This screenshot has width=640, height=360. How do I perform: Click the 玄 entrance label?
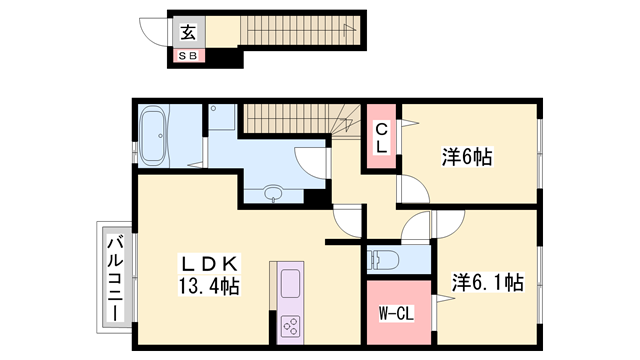[x=188, y=32]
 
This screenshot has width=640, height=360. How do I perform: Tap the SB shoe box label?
[x=188, y=56]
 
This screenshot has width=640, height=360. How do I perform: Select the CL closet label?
[x=381, y=138]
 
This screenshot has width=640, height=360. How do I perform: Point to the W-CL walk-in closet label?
[x=396, y=314]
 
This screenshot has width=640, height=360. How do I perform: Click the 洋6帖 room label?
[x=467, y=157]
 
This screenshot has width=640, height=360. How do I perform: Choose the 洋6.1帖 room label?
[x=488, y=282]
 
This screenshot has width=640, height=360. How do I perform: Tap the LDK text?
[x=209, y=264]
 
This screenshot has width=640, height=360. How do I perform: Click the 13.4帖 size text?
[x=209, y=286]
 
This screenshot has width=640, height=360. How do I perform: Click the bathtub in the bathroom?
[x=153, y=136]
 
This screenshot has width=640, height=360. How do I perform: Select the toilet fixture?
[x=382, y=259]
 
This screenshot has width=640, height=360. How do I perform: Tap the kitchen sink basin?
[x=291, y=284]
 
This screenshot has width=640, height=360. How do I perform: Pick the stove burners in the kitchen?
[x=291, y=326]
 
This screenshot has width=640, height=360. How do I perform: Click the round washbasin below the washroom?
[x=273, y=192]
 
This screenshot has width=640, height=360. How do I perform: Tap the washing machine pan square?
[x=222, y=117]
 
